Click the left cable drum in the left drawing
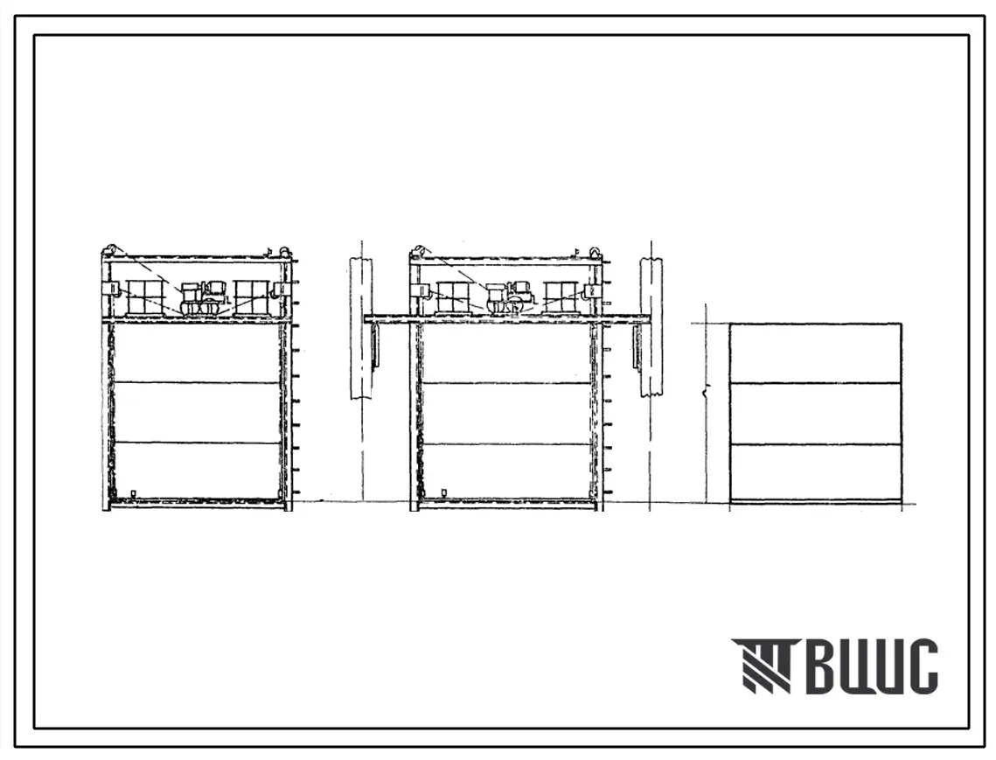point(145,297)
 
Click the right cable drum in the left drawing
point(254,297)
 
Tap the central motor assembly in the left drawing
point(202,298)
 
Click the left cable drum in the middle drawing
point(454,297)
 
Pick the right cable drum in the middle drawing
point(561,297)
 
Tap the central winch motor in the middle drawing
point(509,297)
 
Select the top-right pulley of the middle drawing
point(596,251)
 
